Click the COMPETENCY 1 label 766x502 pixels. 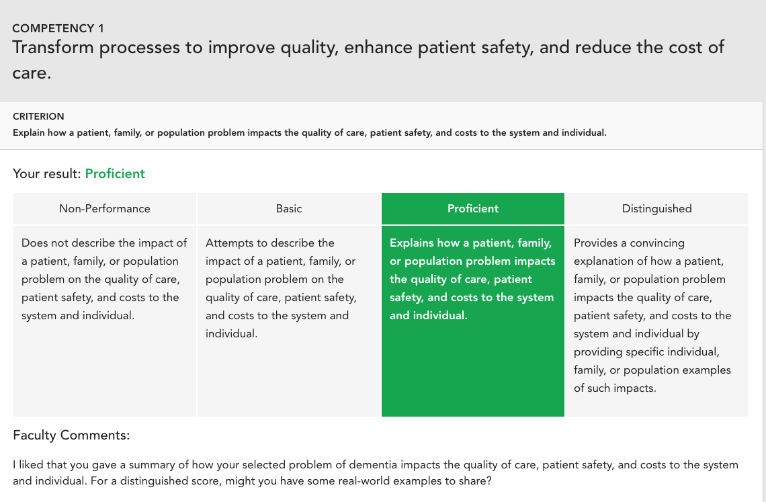[58, 28]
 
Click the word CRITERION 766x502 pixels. [38, 116]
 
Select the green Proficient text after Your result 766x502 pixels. [115, 173]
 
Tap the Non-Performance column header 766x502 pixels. [105, 209]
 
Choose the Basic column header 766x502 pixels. [289, 209]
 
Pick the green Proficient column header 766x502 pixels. [473, 209]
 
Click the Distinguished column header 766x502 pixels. [656, 209]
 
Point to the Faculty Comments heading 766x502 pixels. [71, 435]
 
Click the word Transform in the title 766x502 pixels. [53, 48]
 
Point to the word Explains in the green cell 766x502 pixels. [412, 243]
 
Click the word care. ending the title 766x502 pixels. [32, 73]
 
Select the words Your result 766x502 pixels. [47, 173]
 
